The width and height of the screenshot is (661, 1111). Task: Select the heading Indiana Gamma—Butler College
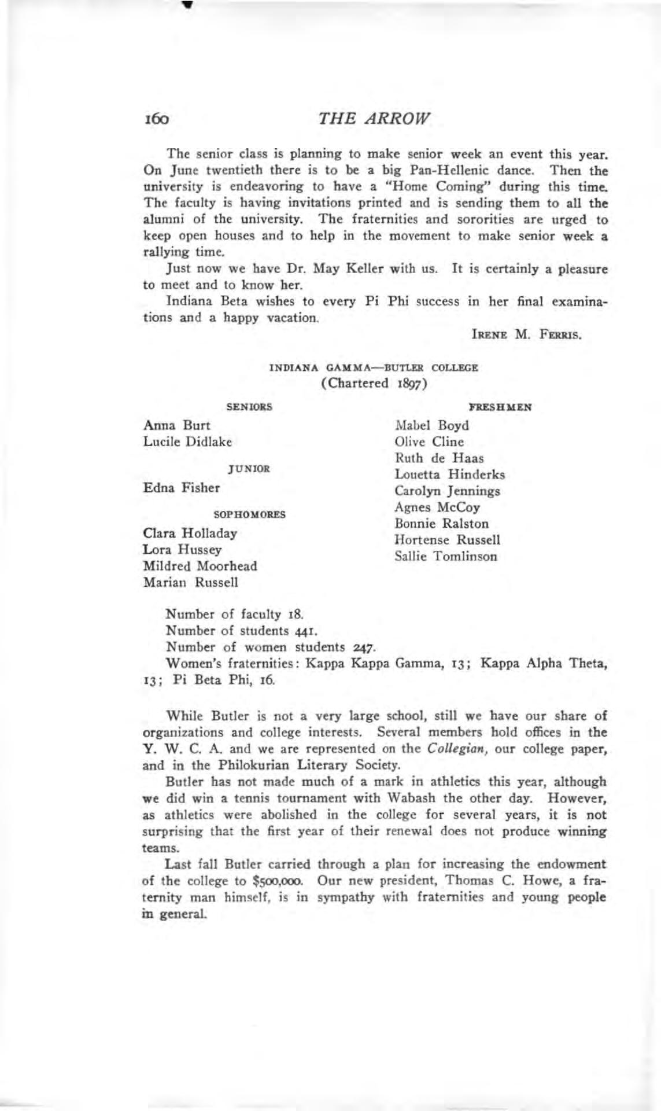[374, 367]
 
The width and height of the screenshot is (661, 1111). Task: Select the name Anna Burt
[176, 425]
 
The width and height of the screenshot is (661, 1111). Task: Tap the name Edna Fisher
[181, 488]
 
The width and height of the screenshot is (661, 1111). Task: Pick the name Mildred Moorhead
[200, 566]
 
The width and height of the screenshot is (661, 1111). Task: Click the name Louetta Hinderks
[449, 474]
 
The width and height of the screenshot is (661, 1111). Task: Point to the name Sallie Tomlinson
[445, 557]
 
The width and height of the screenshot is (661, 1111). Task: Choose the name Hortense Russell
[447, 540]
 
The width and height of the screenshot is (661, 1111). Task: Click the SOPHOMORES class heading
[250, 514]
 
